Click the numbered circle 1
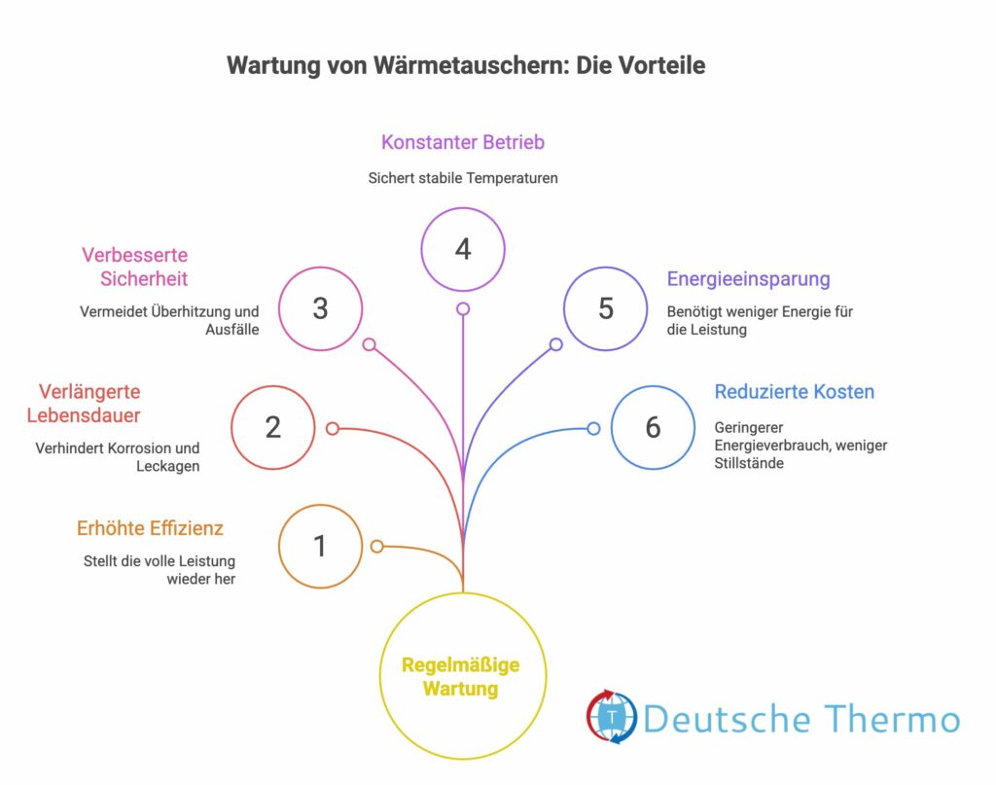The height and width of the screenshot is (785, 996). coord(320,546)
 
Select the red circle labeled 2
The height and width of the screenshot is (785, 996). coord(272,427)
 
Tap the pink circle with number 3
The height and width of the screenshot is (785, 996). coord(320,308)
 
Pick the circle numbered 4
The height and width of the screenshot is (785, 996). coord(463,249)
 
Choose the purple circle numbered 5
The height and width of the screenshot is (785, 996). coord(605,308)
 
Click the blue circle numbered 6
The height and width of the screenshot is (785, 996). coord(653,427)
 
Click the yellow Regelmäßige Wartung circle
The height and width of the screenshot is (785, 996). coord(461,676)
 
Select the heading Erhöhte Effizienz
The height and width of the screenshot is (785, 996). coord(150,528)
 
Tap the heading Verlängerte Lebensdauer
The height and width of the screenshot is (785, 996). coord(89,404)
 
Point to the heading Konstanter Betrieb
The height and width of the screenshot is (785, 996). coord(462,142)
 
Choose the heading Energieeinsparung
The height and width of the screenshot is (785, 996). coord(748,279)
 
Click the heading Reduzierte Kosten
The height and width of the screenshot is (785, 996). coord(794,392)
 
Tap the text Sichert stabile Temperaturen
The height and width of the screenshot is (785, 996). coord(462,179)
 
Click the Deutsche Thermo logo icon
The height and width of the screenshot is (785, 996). coord(612,718)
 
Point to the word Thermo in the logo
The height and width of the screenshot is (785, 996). coord(892,720)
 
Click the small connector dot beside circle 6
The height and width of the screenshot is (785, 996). coord(593,427)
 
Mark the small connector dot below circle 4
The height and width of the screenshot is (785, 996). coord(463,308)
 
